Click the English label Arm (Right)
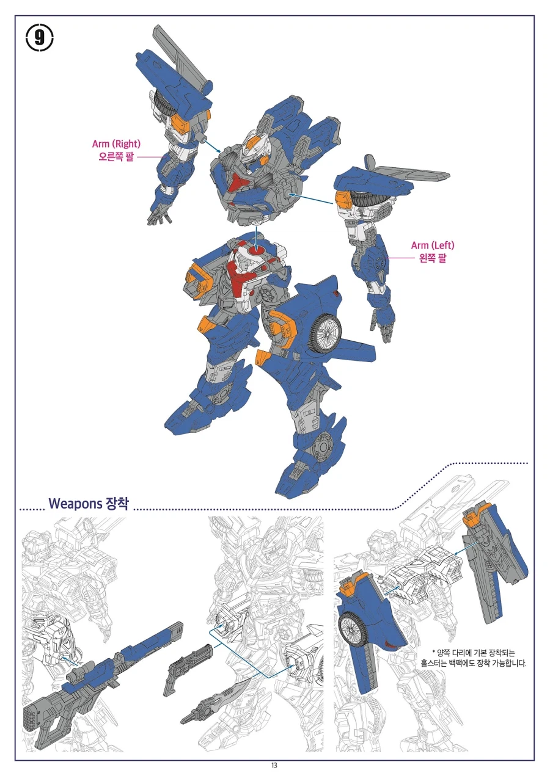(116, 144)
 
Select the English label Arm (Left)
(433, 245)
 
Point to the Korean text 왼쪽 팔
(433, 258)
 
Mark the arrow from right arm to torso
(211, 145)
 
